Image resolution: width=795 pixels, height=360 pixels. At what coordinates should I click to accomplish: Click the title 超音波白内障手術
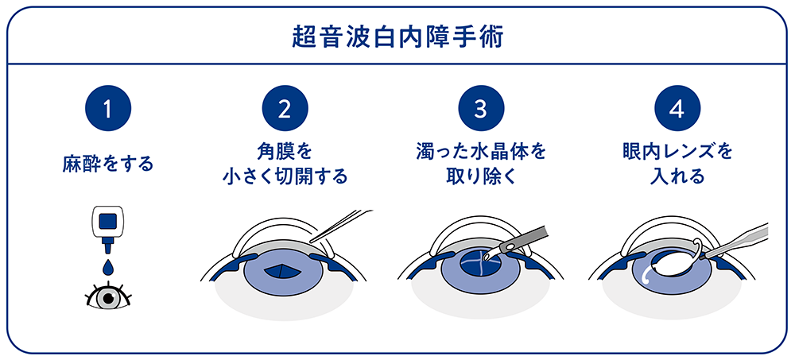(x=397, y=37)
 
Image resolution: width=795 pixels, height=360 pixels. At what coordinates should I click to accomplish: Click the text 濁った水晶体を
(x=481, y=151)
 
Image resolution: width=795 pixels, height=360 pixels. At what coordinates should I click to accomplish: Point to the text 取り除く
(x=481, y=176)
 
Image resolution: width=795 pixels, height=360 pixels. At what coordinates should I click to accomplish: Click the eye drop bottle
(x=108, y=226)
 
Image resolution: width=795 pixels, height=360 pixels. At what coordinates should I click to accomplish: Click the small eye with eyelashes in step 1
(x=108, y=297)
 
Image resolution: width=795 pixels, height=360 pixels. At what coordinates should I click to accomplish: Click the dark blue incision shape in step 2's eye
(x=285, y=271)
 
